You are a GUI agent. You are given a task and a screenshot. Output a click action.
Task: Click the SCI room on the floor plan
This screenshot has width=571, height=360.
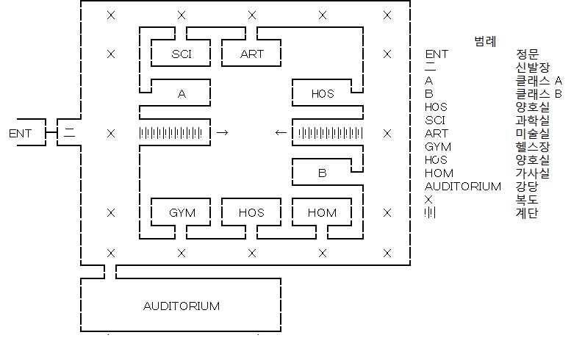(x=182, y=54)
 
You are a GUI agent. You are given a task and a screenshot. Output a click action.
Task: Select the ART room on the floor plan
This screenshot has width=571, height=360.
(x=251, y=54)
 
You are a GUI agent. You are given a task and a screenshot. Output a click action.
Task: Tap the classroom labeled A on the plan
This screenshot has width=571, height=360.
(x=182, y=93)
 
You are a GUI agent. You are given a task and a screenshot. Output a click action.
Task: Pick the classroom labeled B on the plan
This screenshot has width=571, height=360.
(x=322, y=173)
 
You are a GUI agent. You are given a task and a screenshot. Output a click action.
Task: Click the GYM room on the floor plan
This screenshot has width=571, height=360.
(x=182, y=213)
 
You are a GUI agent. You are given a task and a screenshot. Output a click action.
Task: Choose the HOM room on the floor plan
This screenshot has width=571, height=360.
(x=322, y=213)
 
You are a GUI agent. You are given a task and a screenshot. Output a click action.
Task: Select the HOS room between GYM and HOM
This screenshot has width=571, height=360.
(x=251, y=213)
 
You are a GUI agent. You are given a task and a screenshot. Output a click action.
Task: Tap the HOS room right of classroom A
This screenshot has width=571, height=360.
(x=322, y=93)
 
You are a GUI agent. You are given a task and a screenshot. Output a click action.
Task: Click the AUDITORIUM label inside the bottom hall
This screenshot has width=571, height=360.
(x=181, y=306)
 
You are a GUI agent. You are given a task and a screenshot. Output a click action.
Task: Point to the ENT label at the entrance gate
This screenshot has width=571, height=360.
(x=21, y=134)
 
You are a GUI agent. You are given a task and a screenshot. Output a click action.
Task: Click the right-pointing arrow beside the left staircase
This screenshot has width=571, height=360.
(x=223, y=133)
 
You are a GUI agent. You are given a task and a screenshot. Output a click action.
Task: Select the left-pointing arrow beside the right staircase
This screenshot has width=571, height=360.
(x=281, y=133)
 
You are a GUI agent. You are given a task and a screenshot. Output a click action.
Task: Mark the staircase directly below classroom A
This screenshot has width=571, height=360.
(x=175, y=133)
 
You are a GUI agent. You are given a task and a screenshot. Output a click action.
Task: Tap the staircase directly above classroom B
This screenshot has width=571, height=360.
(x=328, y=133)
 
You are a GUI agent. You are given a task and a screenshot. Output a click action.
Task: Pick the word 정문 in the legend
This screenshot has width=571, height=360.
(x=528, y=54)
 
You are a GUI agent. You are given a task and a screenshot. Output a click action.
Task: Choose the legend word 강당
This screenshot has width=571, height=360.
(x=528, y=187)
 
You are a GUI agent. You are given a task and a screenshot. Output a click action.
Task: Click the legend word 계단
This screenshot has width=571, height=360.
(x=528, y=213)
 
